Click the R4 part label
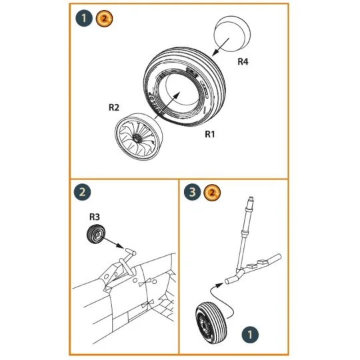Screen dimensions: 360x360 coord(244,61)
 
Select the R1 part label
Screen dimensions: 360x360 coord(211,133)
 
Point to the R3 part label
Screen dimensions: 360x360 coord(95,216)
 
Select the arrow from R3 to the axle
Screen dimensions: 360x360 coord(115,243)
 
